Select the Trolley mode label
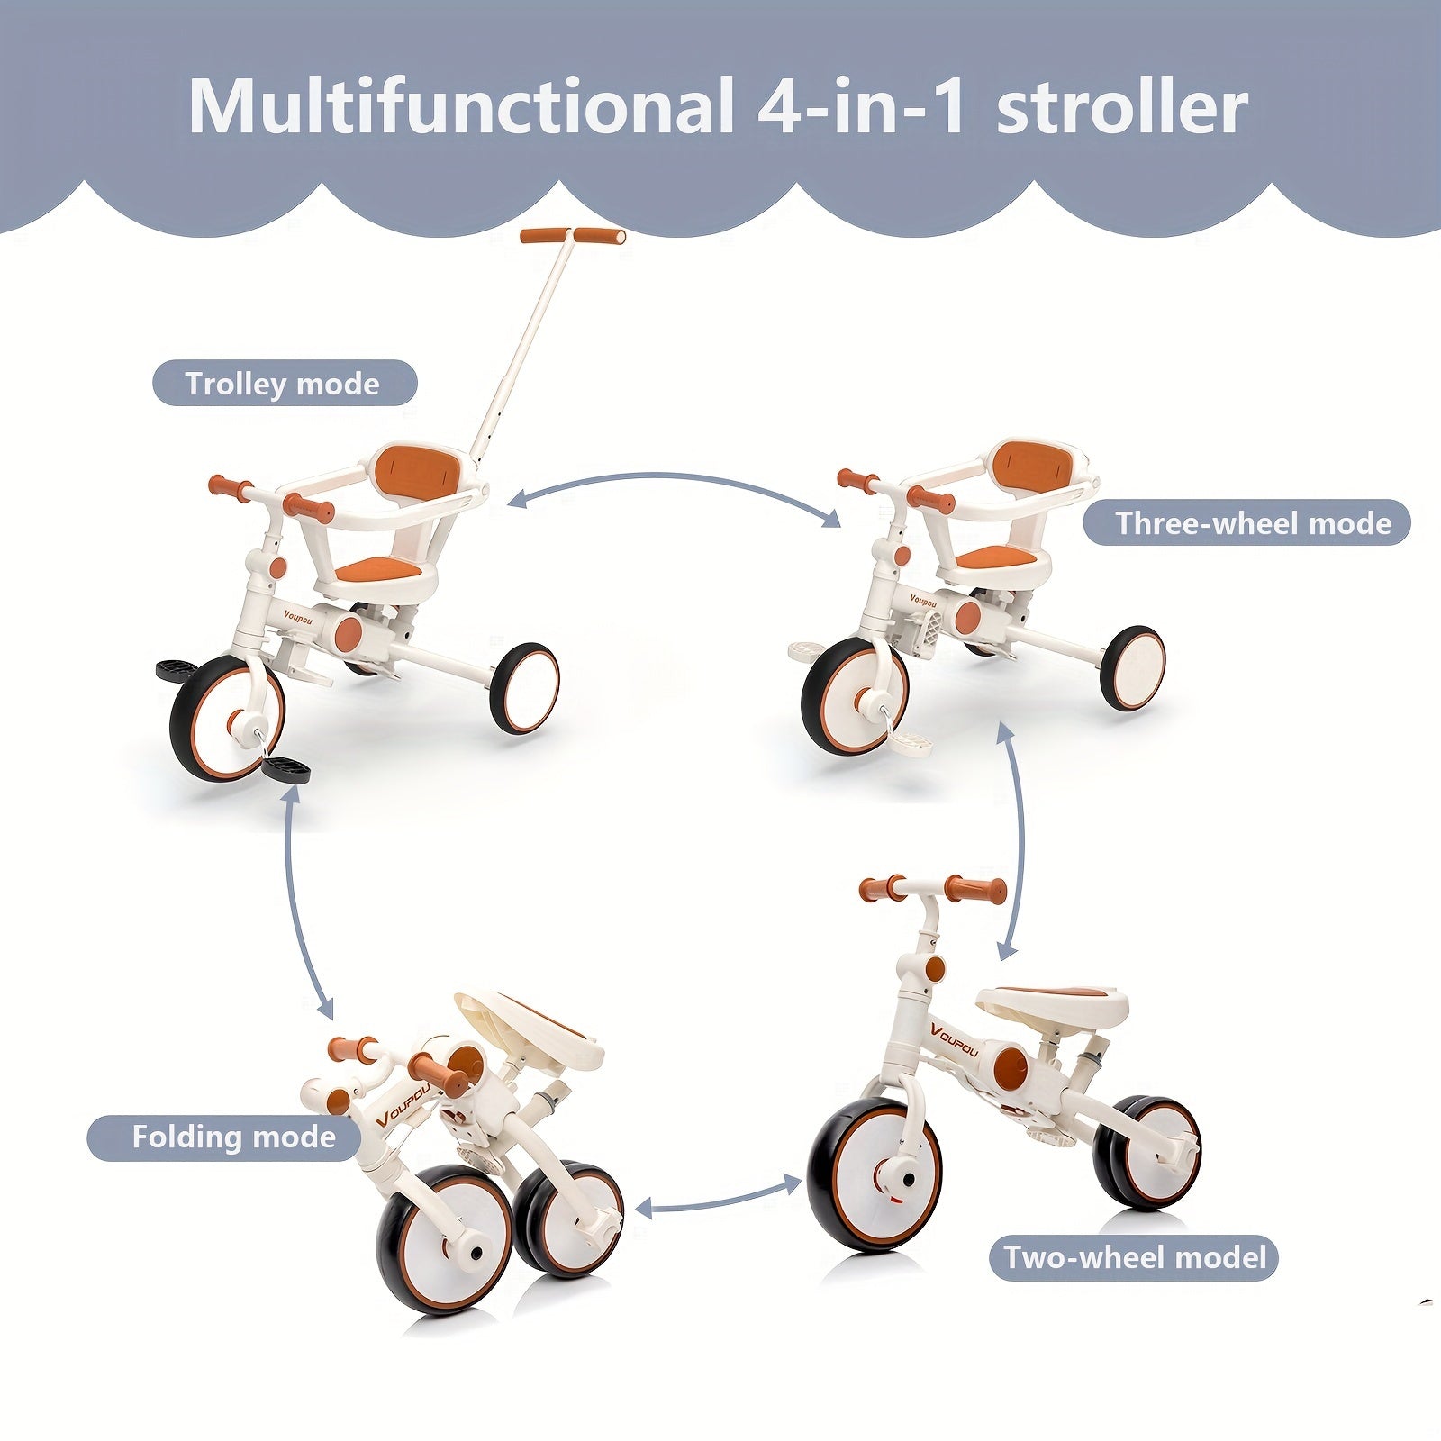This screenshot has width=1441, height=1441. coord(284,384)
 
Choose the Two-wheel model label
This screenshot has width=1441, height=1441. coord(1135,1256)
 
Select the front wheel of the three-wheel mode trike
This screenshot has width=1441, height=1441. coord(854,694)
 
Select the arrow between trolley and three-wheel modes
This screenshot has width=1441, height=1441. coord(674,491)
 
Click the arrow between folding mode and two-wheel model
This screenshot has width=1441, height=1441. coord(716,1196)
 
